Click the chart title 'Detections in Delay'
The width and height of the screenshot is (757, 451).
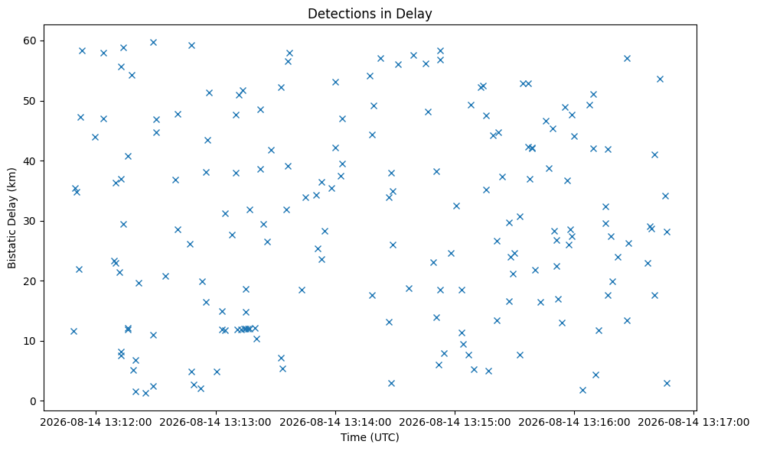pos(370,14)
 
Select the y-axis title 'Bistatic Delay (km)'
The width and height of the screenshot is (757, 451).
pos(11,218)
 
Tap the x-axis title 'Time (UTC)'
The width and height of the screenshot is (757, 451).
pos(370,437)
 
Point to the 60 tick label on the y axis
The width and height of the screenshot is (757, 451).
pos(31,41)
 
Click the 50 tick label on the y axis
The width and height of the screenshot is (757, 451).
pos(31,101)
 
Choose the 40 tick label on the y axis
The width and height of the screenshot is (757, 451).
pos(31,161)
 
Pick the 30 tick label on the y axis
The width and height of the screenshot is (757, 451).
pos(31,221)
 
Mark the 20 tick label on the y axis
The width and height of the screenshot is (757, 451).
pos(31,281)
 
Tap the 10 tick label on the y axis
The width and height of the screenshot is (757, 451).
pos(31,341)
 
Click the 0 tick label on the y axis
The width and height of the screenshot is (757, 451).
pos(34,401)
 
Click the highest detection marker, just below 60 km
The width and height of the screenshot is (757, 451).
pos(154,43)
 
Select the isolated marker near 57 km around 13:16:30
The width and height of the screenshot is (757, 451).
pos(627,58)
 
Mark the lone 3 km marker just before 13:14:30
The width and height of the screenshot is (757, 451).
pos(391,384)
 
